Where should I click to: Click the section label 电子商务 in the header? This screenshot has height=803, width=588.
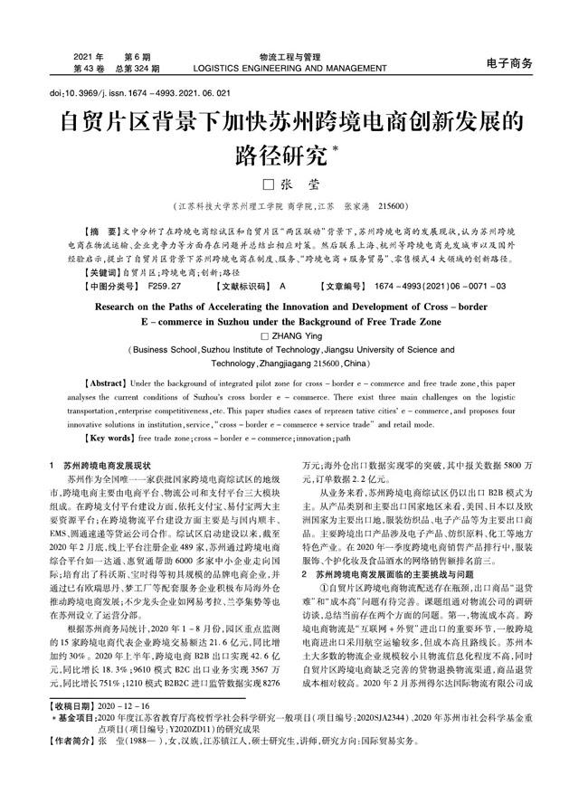pyautogui.click(x=509, y=63)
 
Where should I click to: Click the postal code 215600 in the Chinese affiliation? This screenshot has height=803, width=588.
pyautogui.click(x=395, y=205)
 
